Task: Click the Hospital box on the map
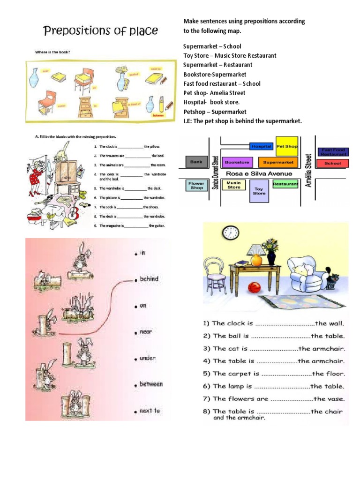[x=262, y=146]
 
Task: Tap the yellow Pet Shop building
[x=287, y=146]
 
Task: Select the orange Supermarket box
[x=278, y=162]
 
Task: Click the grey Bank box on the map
[x=196, y=162]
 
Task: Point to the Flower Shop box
[x=197, y=185]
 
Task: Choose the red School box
[x=333, y=163]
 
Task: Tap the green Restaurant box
[x=285, y=184]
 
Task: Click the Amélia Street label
[x=308, y=170]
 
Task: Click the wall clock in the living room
[x=230, y=232]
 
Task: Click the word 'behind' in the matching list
[x=149, y=278]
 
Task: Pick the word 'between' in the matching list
[x=150, y=384]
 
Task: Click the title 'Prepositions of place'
[x=101, y=31]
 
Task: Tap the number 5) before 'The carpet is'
[x=207, y=374]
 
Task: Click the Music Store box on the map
[x=233, y=185]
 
